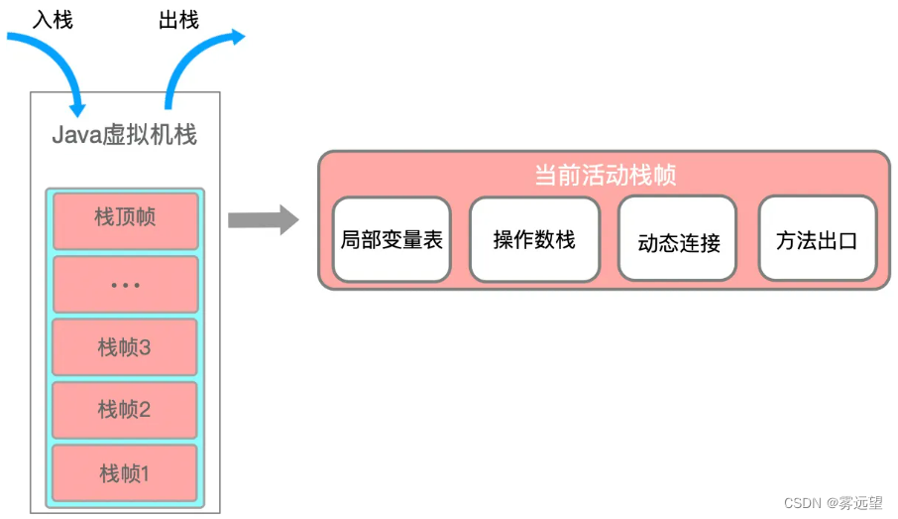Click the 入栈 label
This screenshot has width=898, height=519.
coord(53,20)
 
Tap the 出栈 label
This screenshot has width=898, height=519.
coord(178,20)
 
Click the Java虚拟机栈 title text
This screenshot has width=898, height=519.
coord(125,135)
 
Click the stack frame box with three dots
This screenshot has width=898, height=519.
coord(125,285)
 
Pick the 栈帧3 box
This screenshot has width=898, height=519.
coord(125,348)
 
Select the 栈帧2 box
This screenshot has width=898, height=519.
coord(125,410)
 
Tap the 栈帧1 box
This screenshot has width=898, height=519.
coord(125,473)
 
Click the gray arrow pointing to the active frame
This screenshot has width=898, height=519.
coord(262,219)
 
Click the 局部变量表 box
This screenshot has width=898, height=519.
coord(392,239)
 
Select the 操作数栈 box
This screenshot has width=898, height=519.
coord(534,239)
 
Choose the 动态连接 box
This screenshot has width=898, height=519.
coord(678,241)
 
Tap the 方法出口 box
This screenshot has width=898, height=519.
coord(817,239)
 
